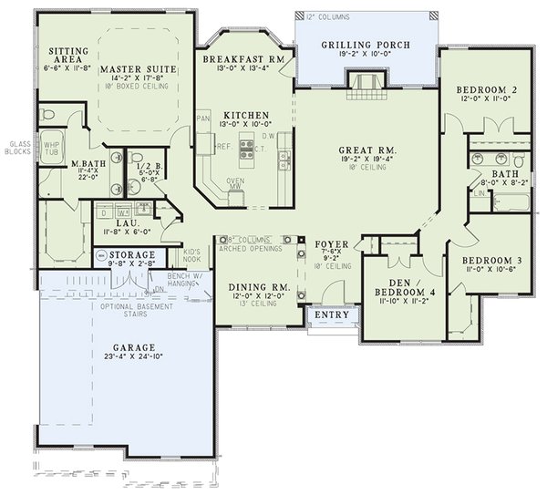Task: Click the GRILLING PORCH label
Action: coord(366,45)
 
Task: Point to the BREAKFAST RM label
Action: coord(244,58)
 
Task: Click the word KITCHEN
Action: coord(244,115)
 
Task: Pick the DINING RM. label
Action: coord(258,287)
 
